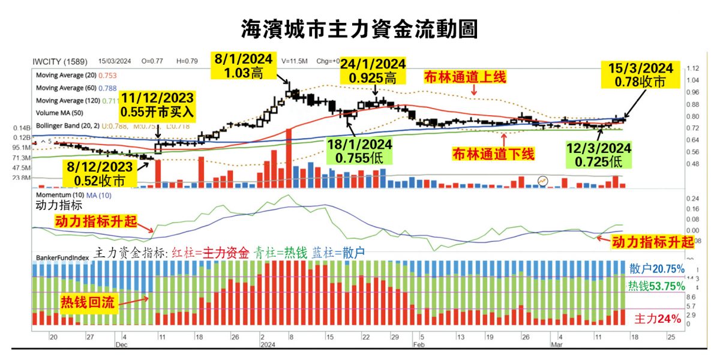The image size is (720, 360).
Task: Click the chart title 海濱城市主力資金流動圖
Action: click(359, 28)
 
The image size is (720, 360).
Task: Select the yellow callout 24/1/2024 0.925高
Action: click(374, 71)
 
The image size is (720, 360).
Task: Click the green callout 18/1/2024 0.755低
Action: click(359, 151)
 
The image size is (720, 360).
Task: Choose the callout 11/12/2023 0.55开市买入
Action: click(157, 105)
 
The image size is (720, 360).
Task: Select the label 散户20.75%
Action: click(656, 269)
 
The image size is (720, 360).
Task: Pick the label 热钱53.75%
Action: click(656, 286)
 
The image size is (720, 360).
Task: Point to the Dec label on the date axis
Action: click(122, 345)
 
